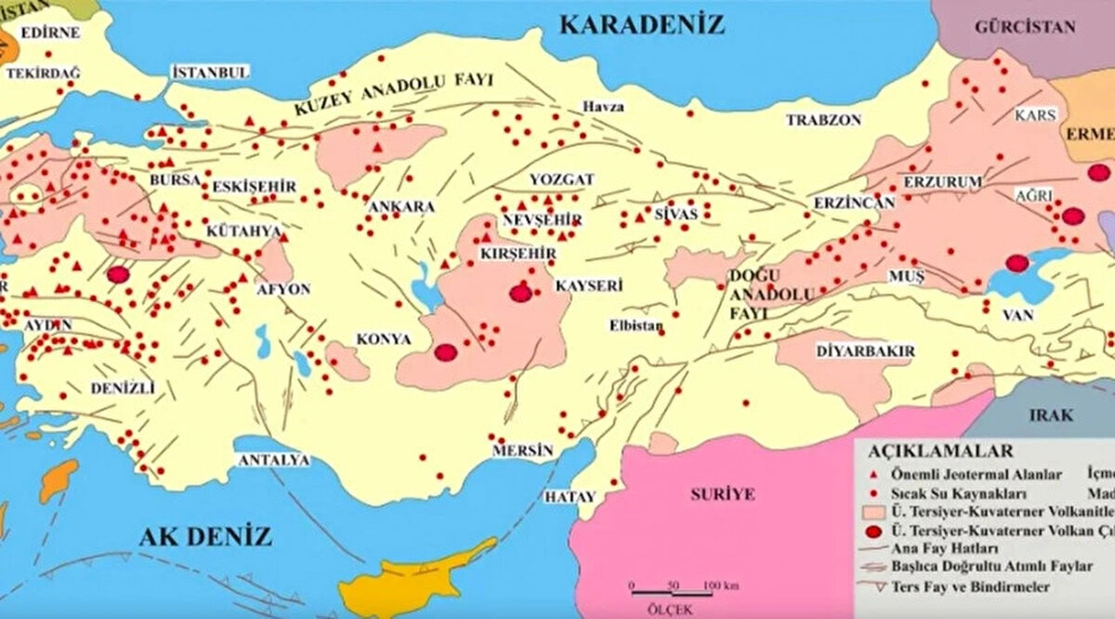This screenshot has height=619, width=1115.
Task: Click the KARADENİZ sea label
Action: (x=641, y=24)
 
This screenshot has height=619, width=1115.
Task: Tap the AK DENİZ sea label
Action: (x=205, y=536)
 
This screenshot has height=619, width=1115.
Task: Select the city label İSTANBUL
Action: (x=212, y=72)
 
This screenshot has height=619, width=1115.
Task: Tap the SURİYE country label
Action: (x=722, y=494)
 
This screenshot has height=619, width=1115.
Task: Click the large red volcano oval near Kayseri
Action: (x=521, y=294)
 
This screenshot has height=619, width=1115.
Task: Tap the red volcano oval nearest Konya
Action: (x=446, y=352)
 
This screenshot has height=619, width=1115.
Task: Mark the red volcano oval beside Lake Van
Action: (x=1017, y=263)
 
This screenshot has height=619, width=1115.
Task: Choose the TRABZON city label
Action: (x=823, y=120)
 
